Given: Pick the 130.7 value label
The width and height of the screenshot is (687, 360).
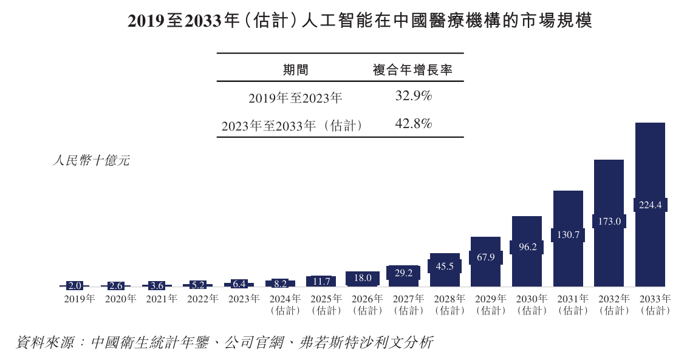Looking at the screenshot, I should pos(568,234).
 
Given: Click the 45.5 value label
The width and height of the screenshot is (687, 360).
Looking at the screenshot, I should pos(445,265).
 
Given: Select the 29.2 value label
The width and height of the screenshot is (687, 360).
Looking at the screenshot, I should pos(403,273).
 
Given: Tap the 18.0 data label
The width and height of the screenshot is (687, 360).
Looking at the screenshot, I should pos(362,278).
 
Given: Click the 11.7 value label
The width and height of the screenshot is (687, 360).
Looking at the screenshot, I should pos(321,281).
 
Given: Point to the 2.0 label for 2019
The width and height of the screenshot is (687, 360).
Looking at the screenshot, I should pos(74,285).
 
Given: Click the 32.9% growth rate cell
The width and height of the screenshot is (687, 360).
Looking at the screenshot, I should pos(413,97).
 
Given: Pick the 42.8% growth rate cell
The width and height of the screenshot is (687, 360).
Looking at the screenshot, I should pos(413,124).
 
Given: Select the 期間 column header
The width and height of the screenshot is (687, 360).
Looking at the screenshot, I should pos(296,69).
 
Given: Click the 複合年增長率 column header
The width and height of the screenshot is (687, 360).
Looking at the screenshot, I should pos(413,69).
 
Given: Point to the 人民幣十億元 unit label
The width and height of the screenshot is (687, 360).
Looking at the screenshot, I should pos(91,161).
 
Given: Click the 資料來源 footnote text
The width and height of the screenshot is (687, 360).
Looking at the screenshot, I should pos(225,342).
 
